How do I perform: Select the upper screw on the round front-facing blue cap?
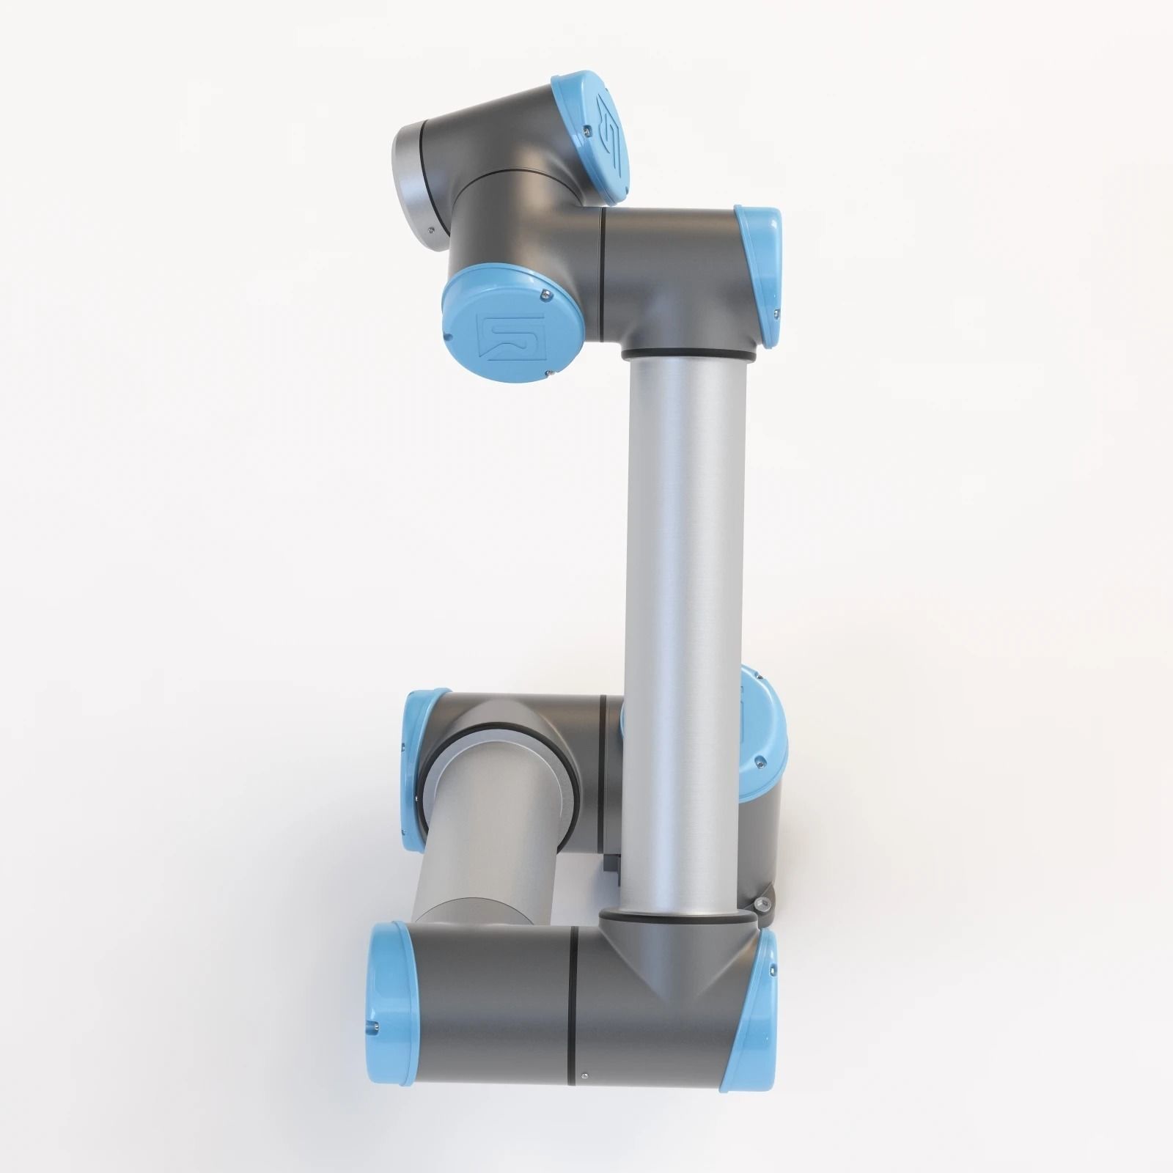click(543, 295)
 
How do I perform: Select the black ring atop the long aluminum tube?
click(688, 355)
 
